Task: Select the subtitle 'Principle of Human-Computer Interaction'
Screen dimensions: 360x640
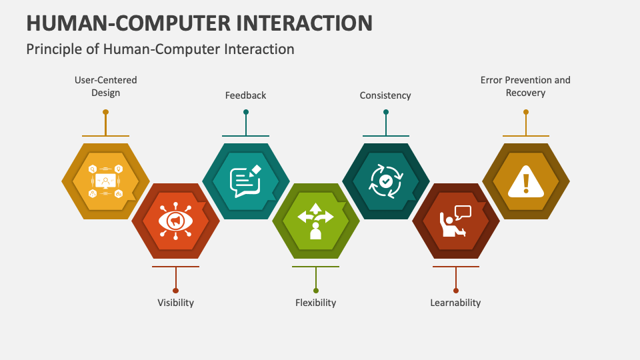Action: (x=160, y=49)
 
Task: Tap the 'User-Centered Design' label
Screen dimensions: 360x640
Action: (x=105, y=87)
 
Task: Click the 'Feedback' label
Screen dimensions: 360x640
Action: (x=245, y=95)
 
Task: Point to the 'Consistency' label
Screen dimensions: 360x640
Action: (x=385, y=95)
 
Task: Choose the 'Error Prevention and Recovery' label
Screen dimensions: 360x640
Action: (x=525, y=87)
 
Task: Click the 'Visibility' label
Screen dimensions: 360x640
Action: (x=175, y=303)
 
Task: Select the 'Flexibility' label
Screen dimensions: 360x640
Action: (x=315, y=303)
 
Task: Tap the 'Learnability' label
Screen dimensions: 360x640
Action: (x=455, y=303)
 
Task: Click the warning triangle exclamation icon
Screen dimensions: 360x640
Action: (x=526, y=181)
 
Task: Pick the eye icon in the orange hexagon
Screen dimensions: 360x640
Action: (x=175, y=221)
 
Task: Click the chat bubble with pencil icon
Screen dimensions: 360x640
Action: (x=245, y=181)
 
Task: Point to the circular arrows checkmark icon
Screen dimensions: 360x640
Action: (x=385, y=181)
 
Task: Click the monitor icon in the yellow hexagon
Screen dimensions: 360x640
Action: (x=105, y=181)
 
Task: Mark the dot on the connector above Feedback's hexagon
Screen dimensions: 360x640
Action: (x=246, y=112)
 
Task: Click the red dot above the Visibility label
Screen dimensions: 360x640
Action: (x=175, y=290)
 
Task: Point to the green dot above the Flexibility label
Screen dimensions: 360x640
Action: (x=316, y=290)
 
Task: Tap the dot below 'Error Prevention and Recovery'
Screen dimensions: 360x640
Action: (x=526, y=112)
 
